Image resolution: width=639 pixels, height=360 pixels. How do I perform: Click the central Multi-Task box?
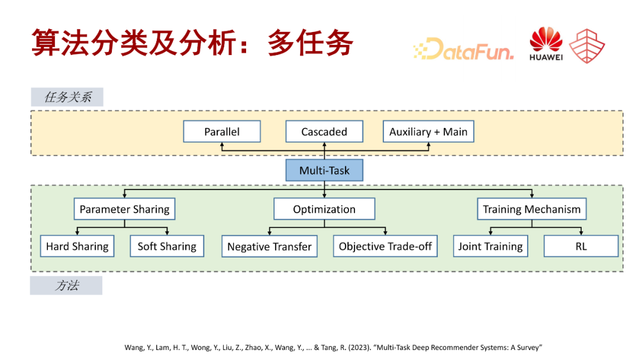pyautogui.click(x=324, y=171)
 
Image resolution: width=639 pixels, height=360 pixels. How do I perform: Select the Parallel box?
pyautogui.click(x=222, y=131)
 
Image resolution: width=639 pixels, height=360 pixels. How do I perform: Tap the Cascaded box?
pyautogui.click(x=324, y=131)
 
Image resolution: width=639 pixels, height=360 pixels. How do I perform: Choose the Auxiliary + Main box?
pyautogui.click(x=428, y=131)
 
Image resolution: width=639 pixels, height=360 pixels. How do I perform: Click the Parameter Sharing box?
pyautogui.click(x=124, y=209)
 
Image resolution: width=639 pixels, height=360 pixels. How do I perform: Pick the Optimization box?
pyautogui.click(x=324, y=209)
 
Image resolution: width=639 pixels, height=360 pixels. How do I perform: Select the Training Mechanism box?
pyautogui.click(x=532, y=208)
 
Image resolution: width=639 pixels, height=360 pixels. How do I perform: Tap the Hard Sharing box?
pyautogui.click(x=78, y=246)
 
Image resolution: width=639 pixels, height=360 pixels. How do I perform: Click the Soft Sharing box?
pyautogui.click(x=167, y=246)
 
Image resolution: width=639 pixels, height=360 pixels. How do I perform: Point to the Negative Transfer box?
pyautogui.click(x=269, y=247)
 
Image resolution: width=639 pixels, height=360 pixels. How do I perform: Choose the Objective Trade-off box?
pyautogui.click(x=385, y=246)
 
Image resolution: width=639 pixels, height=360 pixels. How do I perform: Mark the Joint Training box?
pyautogui.click(x=490, y=246)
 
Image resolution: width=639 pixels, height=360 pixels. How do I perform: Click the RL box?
pyautogui.click(x=581, y=246)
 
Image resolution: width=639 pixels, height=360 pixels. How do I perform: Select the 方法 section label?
pyautogui.click(x=66, y=285)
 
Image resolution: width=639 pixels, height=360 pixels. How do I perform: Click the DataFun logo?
pyautogui.click(x=463, y=49)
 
